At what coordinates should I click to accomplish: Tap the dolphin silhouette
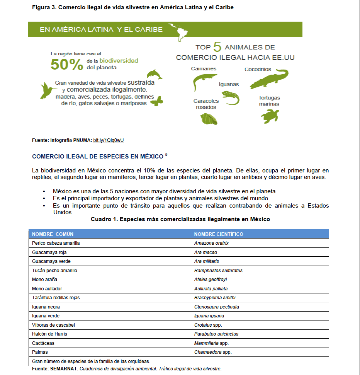coord(154,74)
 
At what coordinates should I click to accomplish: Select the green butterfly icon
coord(157,102)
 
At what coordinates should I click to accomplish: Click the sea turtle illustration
coord(270,116)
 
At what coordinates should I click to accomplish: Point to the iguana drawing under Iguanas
coord(231,97)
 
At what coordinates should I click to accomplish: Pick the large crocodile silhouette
coord(269,79)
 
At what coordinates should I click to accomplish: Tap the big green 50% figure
coord(67,65)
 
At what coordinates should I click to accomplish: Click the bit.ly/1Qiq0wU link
coord(111,140)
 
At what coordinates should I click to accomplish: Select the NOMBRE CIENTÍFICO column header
coord(219,234)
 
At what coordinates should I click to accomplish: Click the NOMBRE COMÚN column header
coord(53,234)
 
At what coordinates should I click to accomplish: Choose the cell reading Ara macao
coord(205,252)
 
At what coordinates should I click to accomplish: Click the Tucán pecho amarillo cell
coord(54,271)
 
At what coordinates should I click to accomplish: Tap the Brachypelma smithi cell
coord(215,298)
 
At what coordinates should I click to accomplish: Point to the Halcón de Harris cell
coord(50,334)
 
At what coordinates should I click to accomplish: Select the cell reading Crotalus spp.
coord(208,325)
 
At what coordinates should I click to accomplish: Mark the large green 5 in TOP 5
coord(217,47)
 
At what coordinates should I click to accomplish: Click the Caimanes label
coord(204,69)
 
